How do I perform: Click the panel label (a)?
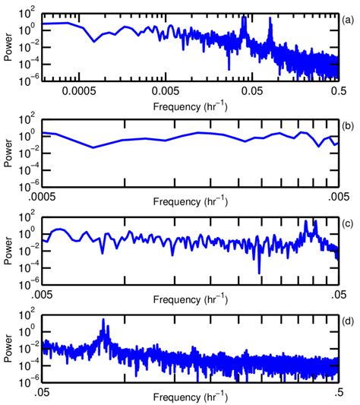[347, 13]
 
